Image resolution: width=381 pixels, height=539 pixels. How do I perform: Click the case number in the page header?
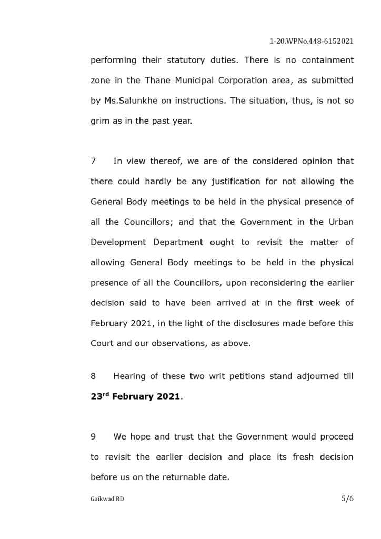311,41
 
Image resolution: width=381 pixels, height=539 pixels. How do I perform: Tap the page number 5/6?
347,498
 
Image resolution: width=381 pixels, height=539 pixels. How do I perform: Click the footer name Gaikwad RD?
107,499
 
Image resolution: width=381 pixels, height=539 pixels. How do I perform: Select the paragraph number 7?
93,161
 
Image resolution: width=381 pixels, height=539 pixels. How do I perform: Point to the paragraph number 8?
93,376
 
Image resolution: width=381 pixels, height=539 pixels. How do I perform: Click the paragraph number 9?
93,436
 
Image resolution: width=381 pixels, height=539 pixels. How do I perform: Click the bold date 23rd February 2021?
136,396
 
